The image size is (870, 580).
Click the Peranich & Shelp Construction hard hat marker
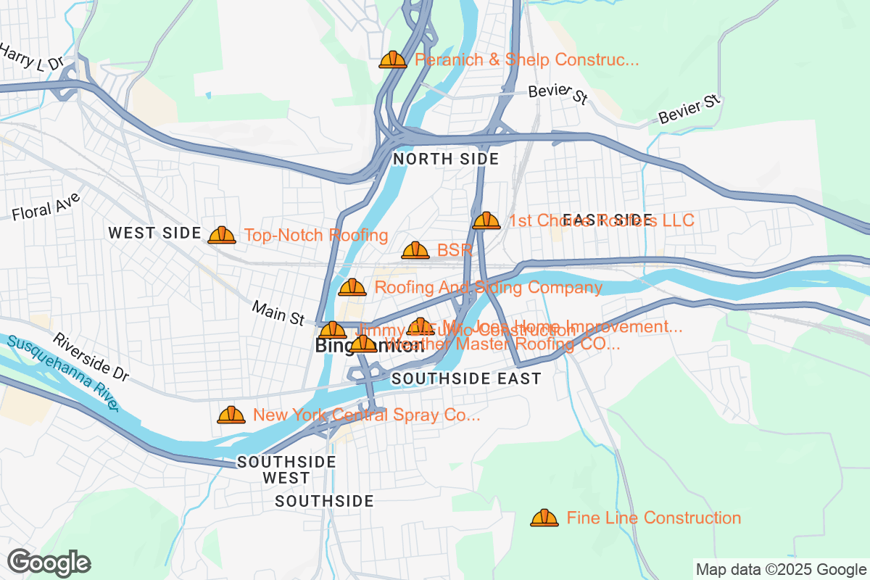click(x=393, y=59)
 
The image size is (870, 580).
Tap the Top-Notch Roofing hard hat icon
click(x=222, y=235)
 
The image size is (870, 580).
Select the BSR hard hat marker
click(x=415, y=251)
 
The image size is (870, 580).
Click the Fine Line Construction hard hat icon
click(x=544, y=518)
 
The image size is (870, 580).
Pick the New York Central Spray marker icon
click(x=231, y=415)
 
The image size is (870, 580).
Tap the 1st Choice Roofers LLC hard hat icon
click(x=486, y=220)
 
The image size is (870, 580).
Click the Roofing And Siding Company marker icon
click(x=352, y=288)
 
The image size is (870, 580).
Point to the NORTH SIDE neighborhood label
click(x=446, y=159)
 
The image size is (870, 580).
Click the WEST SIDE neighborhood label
click(x=154, y=233)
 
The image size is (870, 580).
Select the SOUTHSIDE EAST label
click(x=466, y=378)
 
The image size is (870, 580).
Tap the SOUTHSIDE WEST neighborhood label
click(x=286, y=470)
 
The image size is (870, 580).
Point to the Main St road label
click(x=278, y=313)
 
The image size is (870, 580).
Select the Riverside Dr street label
click(x=91, y=357)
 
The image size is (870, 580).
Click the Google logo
click(x=49, y=563)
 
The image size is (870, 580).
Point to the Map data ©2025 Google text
click(x=781, y=569)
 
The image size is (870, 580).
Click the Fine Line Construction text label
click(x=654, y=518)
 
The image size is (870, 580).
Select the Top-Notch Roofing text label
click(x=316, y=235)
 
